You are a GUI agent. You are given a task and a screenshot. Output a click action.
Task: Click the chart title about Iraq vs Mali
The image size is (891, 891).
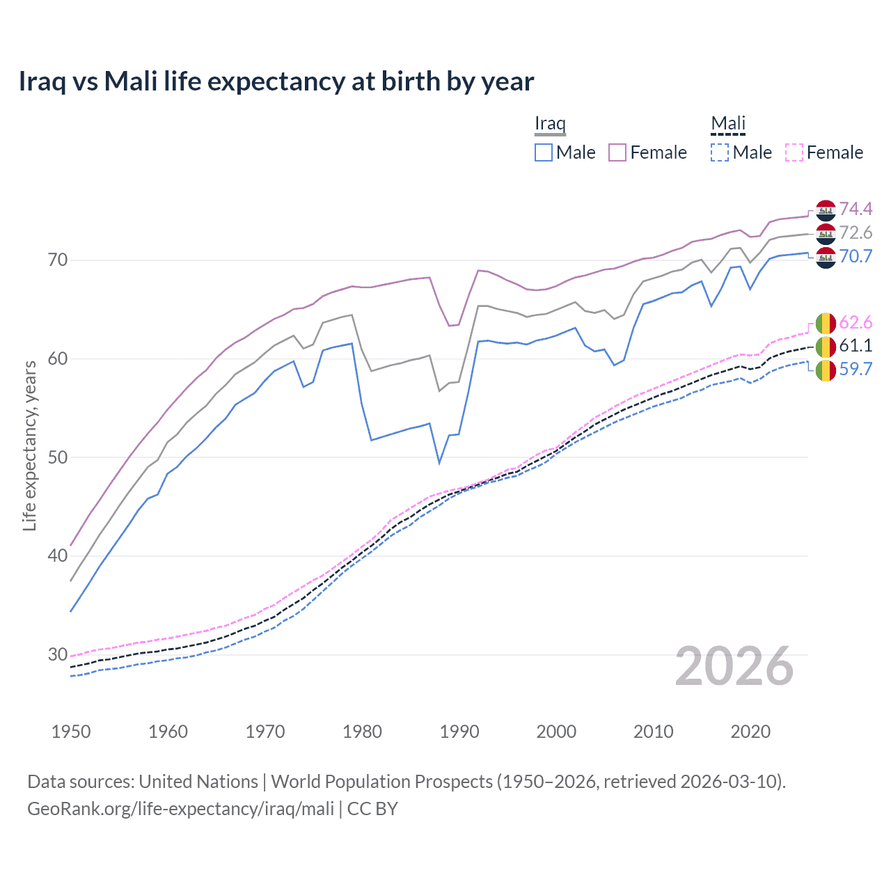(x=276, y=81)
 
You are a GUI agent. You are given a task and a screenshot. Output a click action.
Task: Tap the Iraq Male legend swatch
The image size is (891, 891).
(x=544, y=152)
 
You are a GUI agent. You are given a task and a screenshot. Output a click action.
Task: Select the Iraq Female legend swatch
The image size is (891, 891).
(x=617, y=152)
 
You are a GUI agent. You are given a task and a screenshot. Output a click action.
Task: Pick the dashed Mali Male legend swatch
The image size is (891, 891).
(x=720, y=152)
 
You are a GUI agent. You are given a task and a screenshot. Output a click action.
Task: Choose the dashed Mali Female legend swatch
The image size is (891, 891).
(x=794, y=152)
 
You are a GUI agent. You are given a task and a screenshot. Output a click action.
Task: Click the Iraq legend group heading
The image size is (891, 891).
(x=550, y=123)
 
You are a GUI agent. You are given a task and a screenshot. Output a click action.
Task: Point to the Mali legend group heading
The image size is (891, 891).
(x=728, y=123)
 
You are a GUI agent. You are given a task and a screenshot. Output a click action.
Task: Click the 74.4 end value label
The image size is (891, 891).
(x=855, y=209)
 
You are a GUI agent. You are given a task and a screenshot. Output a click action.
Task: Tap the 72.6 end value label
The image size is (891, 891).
(x=855, y=232)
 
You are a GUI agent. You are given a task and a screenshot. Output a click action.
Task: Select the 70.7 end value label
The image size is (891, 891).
(x=855, y=256)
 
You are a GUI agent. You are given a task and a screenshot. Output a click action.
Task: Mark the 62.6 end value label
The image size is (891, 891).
(x=855, y=322)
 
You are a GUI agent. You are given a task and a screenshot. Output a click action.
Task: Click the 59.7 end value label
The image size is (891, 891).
(x=855, y=369)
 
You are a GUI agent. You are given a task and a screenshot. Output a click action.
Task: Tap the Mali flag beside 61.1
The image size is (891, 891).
(x=826, y=346)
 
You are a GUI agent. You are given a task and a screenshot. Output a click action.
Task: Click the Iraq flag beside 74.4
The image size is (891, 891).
(x=826, y=210)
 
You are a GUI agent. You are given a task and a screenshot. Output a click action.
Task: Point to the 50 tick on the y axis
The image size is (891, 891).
(x=58, y=457)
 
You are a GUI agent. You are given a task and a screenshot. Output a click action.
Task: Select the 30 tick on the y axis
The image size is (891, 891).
(x=58, y=654)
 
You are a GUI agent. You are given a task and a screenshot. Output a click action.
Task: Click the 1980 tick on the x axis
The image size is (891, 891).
(x=362, y=732)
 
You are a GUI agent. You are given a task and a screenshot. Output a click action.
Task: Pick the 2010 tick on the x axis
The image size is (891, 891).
(x=653, y=732)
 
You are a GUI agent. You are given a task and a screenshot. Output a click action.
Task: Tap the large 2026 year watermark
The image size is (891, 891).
(x=734, y=666)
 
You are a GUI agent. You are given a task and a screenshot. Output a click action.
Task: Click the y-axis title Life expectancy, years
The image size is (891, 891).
(x=29, y=445)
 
